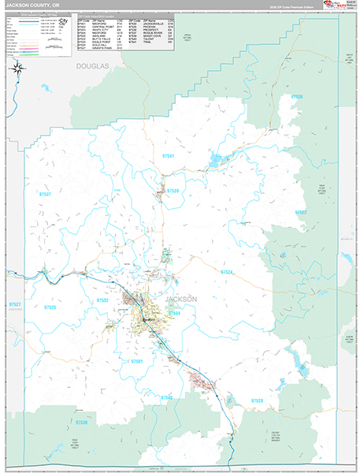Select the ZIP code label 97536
point(297,96)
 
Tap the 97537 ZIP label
point(45,193)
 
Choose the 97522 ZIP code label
point(301,213)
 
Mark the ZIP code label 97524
point(226,272)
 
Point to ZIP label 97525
point(50,307)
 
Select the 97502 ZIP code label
point(103,300)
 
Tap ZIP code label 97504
point(174,313)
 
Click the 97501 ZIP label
point(139,360)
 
